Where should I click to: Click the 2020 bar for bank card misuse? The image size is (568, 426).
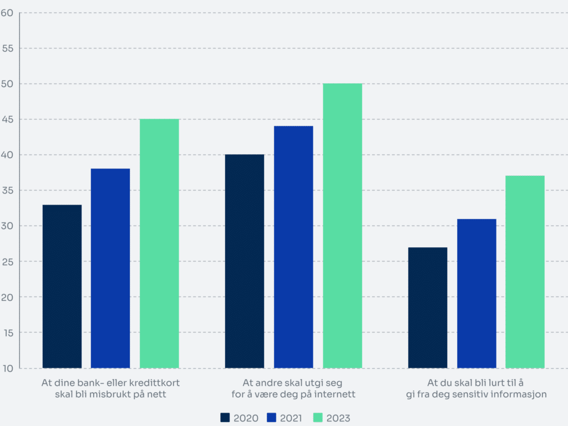[62, 287]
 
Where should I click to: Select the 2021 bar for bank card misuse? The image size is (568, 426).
[110, 268]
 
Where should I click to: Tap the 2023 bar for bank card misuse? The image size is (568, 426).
[159, 244]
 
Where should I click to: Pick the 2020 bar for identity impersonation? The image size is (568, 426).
[245, 261]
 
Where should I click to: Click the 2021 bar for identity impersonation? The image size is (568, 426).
[293, 247]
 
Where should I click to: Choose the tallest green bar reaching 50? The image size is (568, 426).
[342, 226]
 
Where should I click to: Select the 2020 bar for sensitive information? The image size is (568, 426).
[428, 308]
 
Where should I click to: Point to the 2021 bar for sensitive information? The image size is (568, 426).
[476, 293]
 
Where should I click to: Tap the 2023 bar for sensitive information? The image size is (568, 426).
[525, 272]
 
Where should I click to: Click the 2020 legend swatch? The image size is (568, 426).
[225, 418]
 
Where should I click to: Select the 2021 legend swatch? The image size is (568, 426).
[271, 418]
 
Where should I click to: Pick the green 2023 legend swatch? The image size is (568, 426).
[318, 418]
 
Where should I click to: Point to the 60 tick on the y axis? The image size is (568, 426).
[7, 13]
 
